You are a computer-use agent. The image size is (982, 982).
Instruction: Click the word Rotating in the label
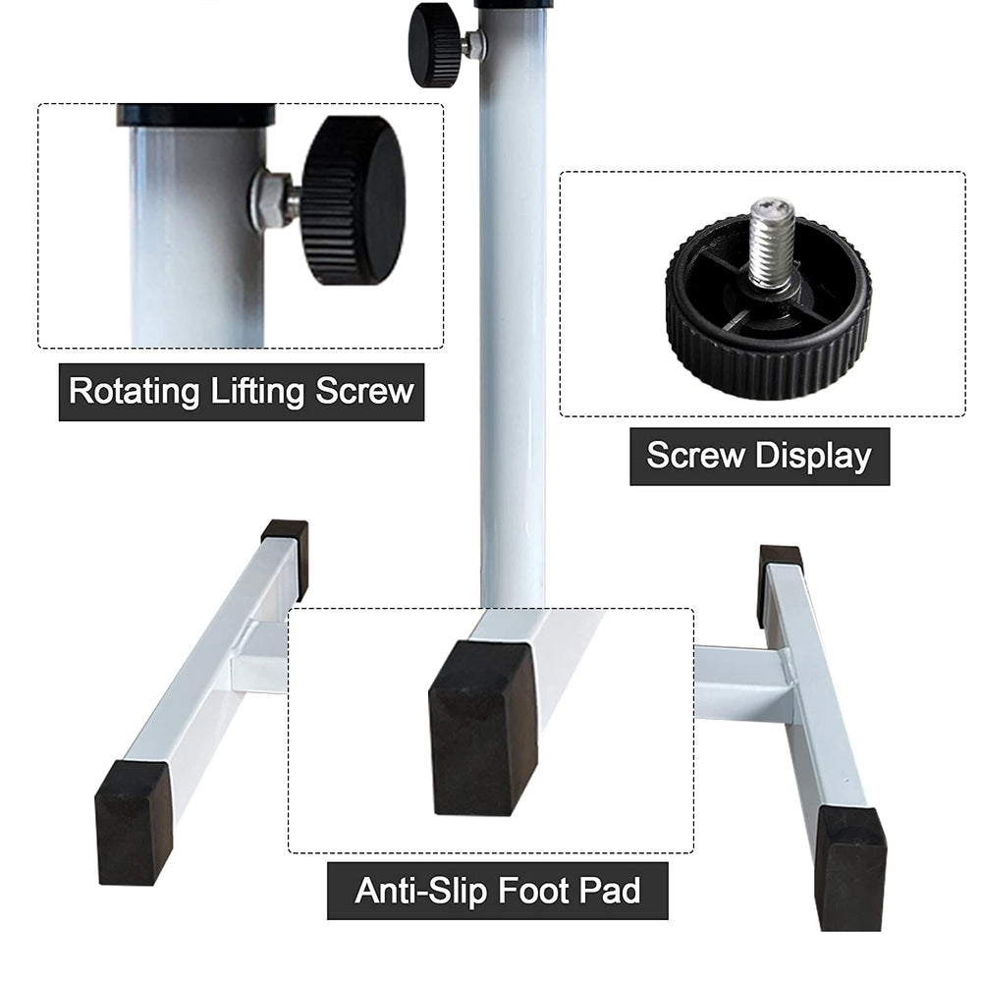[134, 392]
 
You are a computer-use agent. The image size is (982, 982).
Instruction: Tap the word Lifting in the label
[257, 392]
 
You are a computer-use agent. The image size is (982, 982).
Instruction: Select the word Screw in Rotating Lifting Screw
[364, 392]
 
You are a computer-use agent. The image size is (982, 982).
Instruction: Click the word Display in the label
[813, 457]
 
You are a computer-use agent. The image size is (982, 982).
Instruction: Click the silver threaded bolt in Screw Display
[772, 245]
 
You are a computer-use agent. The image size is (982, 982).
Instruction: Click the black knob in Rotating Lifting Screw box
[354, 200]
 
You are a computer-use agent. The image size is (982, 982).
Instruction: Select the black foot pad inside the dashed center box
[483, 728]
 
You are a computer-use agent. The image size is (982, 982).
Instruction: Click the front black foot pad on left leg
[134, 823]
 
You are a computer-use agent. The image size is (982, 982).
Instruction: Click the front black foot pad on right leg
[850, 867]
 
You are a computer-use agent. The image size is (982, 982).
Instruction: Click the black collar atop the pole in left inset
[196, 115]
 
